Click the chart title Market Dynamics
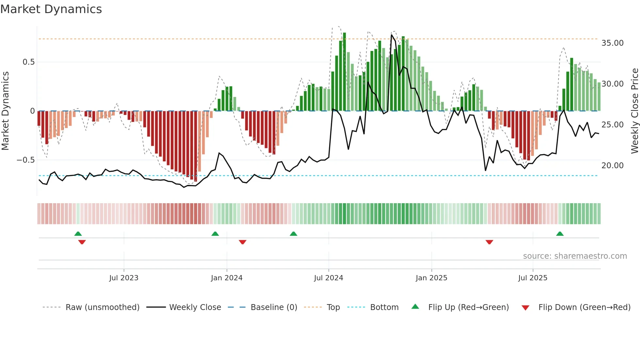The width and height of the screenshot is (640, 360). [51, 9]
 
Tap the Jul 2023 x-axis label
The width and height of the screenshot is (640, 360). [124, 278]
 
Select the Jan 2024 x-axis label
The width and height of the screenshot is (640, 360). [227, 278]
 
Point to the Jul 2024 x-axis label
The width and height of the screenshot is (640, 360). [328, 278]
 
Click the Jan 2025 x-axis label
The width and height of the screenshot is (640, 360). [431, 278]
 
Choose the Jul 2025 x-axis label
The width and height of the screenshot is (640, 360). [533, 278]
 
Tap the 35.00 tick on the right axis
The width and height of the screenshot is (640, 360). [612, 43]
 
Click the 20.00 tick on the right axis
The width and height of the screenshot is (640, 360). [612, 166]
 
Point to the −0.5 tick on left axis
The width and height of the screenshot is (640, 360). [25, 160]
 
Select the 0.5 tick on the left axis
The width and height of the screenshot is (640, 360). [28, 62]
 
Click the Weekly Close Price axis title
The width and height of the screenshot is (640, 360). [634, 111]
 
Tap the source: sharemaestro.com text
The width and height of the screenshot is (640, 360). [575, 256]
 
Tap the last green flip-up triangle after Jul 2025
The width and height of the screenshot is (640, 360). [560, 234]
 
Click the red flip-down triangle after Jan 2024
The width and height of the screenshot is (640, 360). [242, 242]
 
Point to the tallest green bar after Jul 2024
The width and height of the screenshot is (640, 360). [344, 72]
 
